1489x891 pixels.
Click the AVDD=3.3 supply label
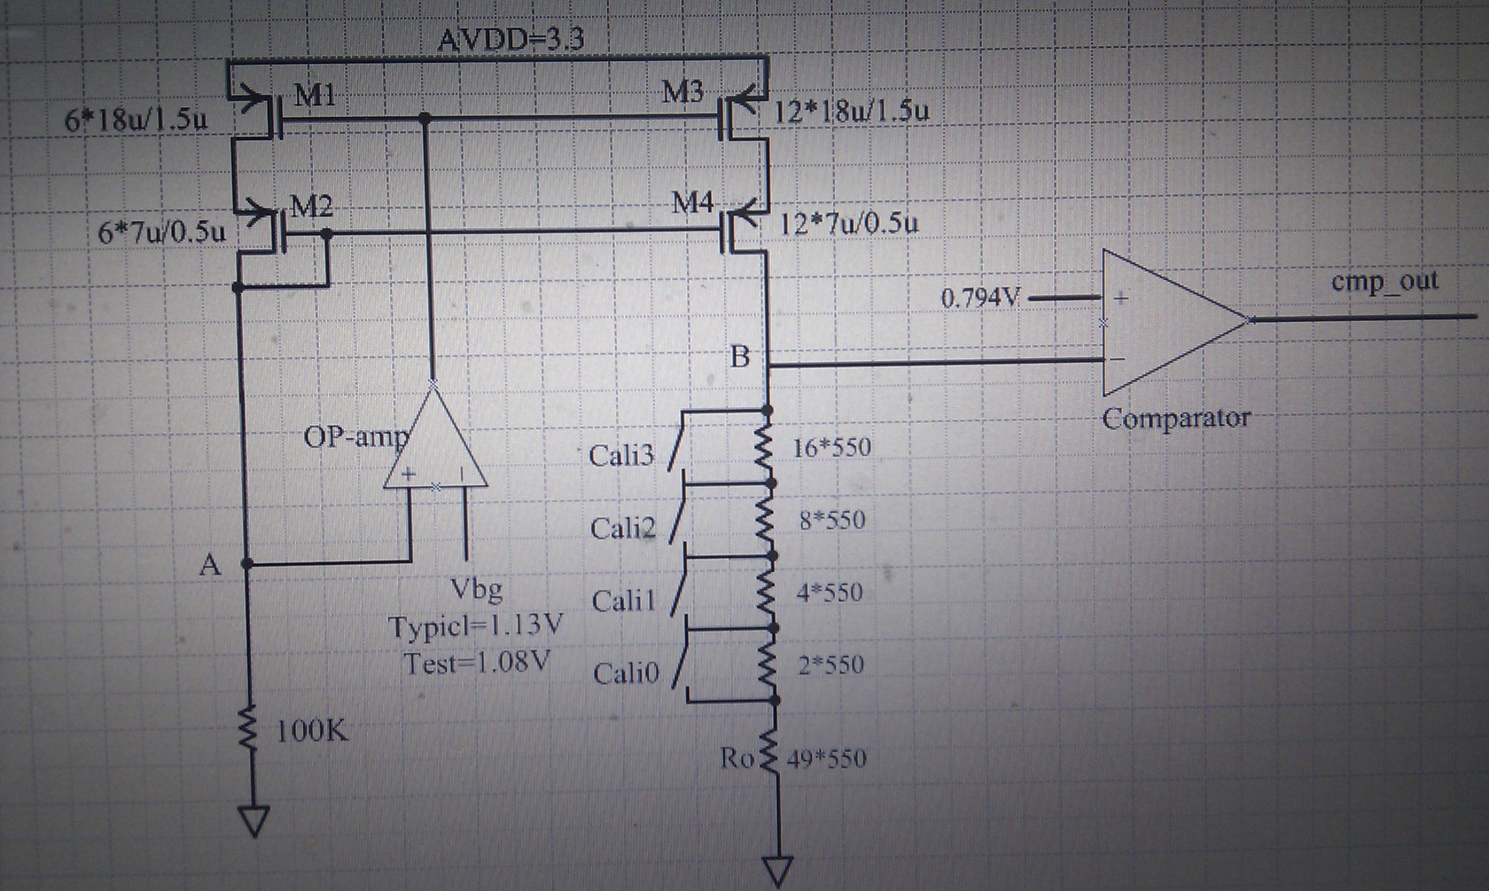[510, 40]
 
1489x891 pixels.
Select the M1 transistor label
[315, 95]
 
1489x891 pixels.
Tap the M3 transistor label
[682, 92]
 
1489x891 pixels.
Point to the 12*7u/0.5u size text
[848, 224]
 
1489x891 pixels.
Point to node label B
[740, 357]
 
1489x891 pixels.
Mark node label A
[210, 565]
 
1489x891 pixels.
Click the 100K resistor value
[312, 731]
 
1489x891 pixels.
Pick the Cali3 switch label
[620, 456]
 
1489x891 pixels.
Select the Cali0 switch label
[626, 673]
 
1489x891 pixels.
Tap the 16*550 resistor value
[832, 447]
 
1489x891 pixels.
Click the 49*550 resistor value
[827, 759]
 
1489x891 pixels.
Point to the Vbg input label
[476, 589]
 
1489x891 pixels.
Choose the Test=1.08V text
[476, 664]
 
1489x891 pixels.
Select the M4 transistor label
[692, 204]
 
